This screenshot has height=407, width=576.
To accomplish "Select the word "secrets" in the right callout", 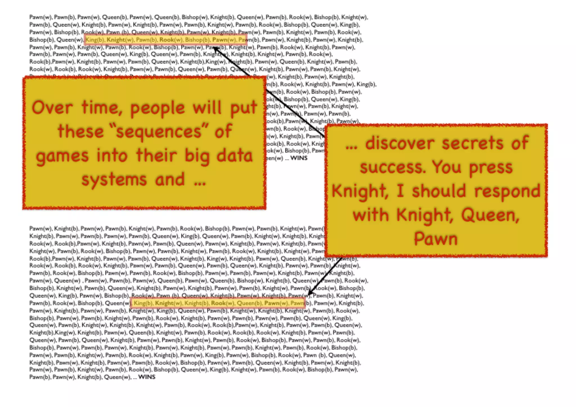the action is coord(472,143).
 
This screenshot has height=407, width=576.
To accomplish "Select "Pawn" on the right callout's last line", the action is coord(436,239).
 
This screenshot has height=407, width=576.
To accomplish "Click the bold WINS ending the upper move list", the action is coord(299,158).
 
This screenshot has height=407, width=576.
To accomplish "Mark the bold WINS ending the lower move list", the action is coord(147,377).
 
